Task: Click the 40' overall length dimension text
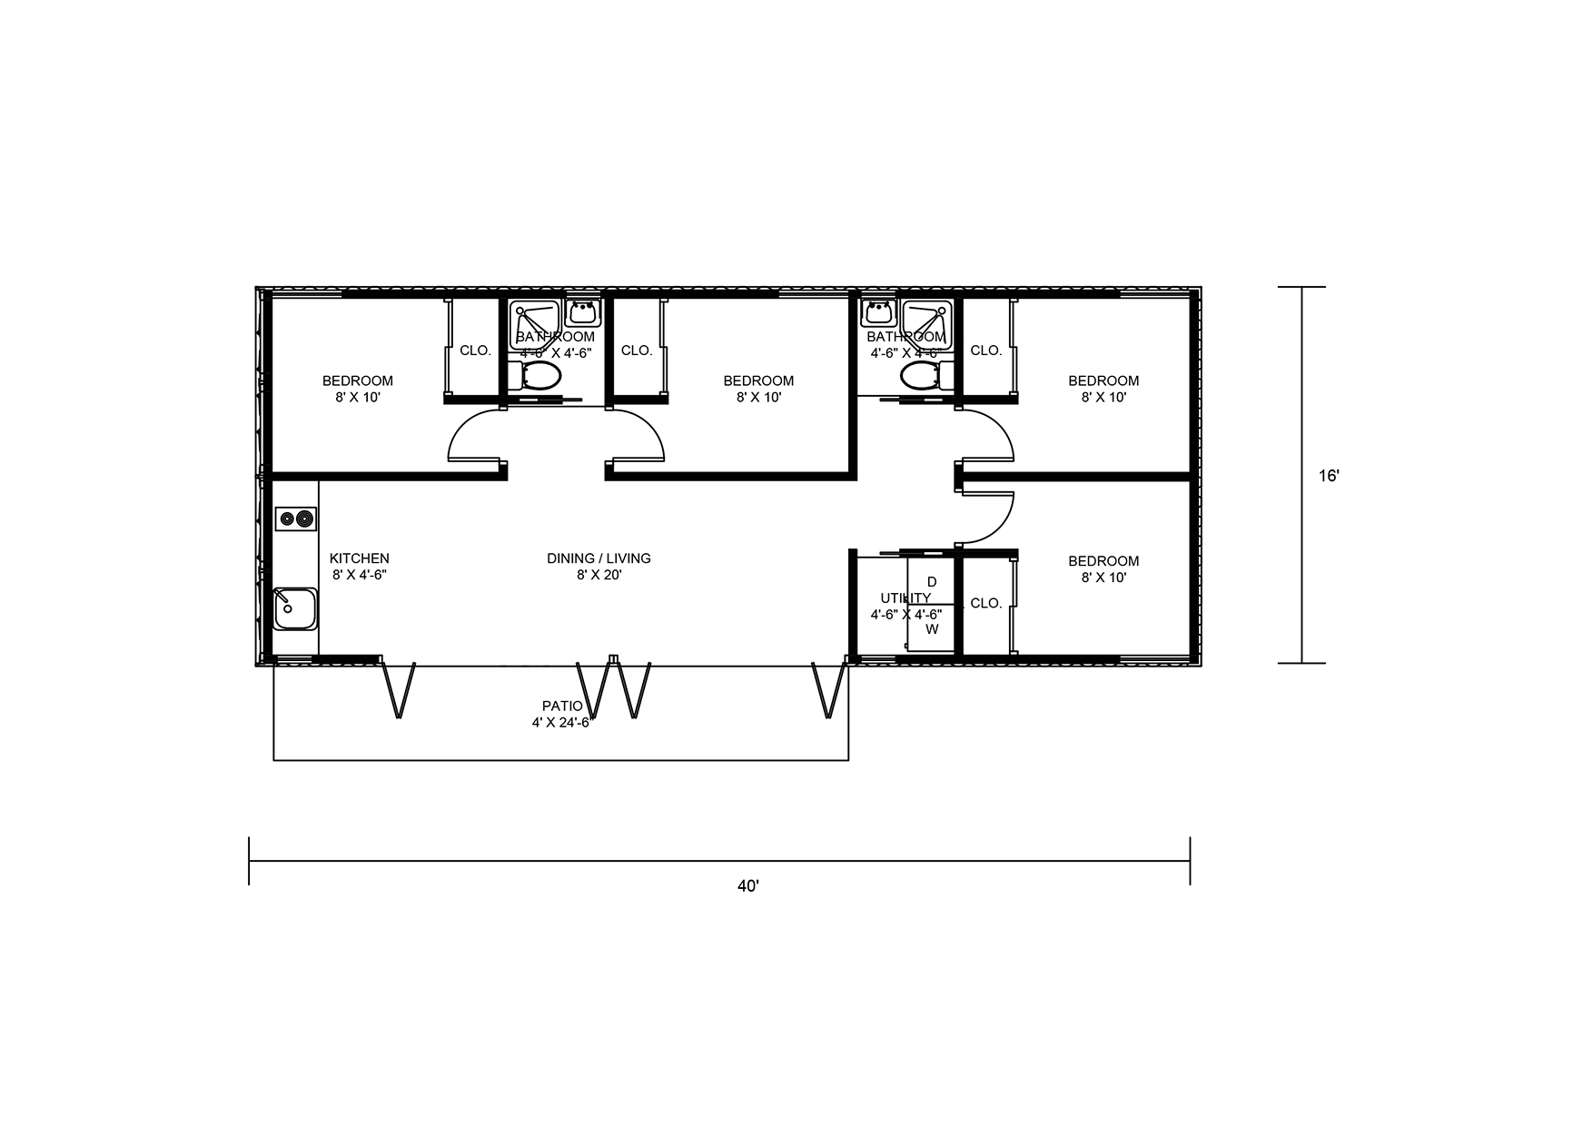coord(747,886)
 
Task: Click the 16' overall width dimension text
coord(1329,475)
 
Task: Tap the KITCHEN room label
coord(359,558)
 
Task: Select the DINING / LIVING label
coord(599,558)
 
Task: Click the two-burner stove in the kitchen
coord(296,519)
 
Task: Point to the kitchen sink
coord(295,608)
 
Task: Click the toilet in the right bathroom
coord(924,375)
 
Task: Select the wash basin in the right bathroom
coord(878,313)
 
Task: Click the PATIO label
coord(562,706)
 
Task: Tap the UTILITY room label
coord(905,598)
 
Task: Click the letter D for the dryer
coord(931,581)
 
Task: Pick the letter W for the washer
coord(931,628)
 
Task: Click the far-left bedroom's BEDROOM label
coord(358,380)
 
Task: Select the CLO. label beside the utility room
coord(985,603)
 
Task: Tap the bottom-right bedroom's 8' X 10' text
coord(1103,578)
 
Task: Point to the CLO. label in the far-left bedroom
coord(475,351)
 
